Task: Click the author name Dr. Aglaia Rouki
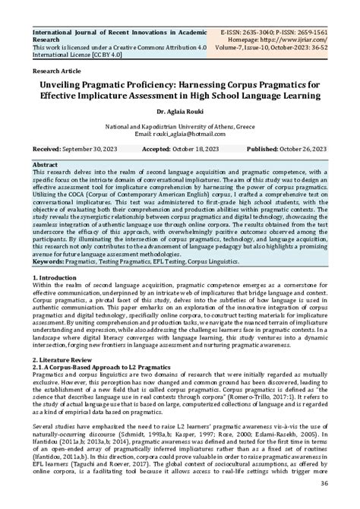click(179, 111)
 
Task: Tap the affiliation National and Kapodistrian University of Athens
click(180, 125)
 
